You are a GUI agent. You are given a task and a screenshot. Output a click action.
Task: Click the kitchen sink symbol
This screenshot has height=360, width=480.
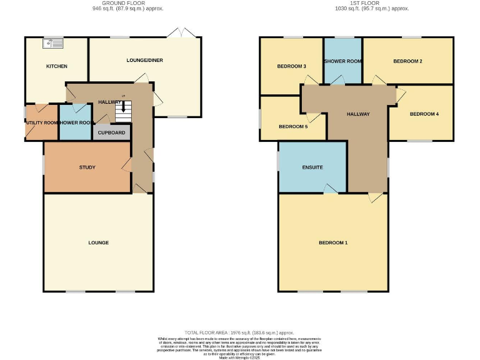click(x=53, y=44)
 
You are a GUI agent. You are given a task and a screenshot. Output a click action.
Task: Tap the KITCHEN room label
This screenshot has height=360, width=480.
click(x=56, y=66)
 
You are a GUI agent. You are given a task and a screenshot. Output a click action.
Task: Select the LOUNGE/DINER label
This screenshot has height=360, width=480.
click(x=145, y=61)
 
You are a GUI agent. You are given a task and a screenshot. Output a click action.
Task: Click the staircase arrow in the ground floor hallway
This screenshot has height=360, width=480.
click(x=124, y=107)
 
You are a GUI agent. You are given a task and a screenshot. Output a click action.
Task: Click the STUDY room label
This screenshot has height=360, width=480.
click(x=87, y=167)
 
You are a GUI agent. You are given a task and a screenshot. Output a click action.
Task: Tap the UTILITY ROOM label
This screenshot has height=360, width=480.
click(x=42, y=123)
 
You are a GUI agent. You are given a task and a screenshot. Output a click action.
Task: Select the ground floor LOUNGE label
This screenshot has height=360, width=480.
click(x=98, y=242)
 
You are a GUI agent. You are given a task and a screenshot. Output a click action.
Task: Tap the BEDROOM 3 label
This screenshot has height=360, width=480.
click(x=291, y=66)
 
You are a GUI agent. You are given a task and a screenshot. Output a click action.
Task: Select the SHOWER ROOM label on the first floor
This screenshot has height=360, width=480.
click(x=342, y=61)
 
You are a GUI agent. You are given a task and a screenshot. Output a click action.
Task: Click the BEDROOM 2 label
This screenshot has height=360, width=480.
click(x=407, y=61)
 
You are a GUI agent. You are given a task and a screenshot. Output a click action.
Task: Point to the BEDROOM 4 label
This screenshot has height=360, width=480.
click(x=424, y=114)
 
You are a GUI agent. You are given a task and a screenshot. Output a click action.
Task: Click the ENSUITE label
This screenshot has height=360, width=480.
click(x=312, y=167)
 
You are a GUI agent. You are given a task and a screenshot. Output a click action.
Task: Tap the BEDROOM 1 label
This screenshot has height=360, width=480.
click(x=332, y=242)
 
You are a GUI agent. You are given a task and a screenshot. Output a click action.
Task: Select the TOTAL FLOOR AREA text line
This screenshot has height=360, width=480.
click(x=239, y=332)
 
